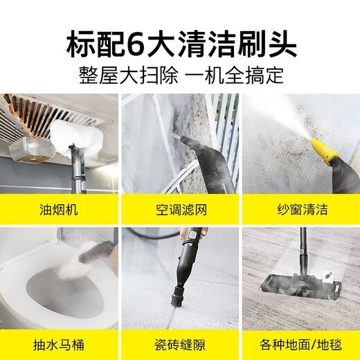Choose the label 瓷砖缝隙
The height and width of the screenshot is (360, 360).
click(180, 341)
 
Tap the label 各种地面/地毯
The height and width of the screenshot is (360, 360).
click(300, 341)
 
